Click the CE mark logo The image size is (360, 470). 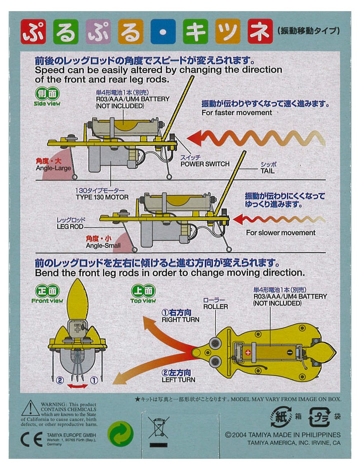31,439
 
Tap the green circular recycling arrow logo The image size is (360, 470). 120,434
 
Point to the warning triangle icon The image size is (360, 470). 30,408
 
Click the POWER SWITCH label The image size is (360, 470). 205,164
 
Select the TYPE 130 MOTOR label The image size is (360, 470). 102,197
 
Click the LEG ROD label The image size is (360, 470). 71,227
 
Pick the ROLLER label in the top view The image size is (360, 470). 215,307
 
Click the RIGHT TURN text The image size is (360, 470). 180,319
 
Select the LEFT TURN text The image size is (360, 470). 178,380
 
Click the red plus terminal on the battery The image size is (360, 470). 248,352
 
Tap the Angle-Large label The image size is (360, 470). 53,169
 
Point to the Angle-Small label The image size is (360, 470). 103,246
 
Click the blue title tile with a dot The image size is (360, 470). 163,32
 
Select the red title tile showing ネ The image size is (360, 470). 260,32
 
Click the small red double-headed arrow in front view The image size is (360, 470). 77,386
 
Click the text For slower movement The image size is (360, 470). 281,233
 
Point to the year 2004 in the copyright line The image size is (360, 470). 239,435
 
